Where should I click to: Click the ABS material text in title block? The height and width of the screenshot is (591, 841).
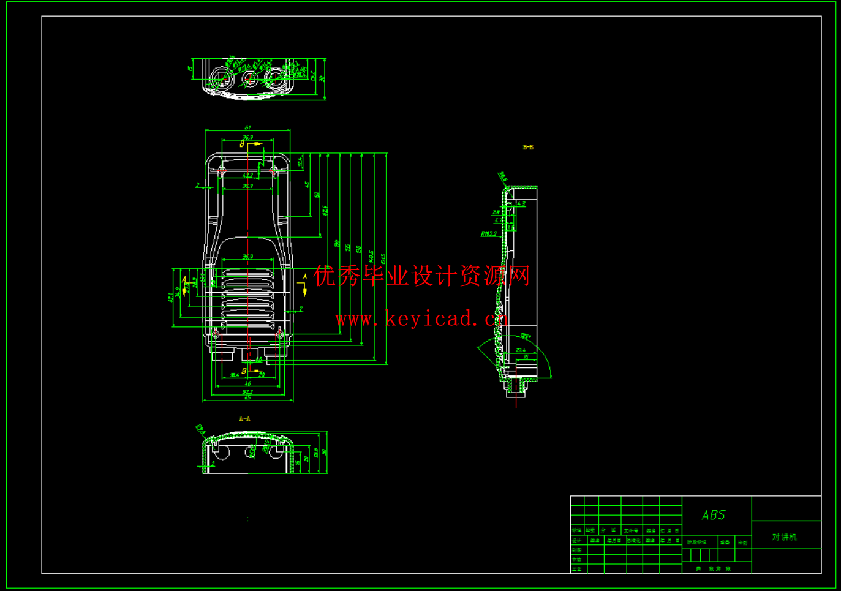click(714, 515)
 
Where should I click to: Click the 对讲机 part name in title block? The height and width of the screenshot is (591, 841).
click(785, 537)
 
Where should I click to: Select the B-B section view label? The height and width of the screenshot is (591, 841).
click(528, 147)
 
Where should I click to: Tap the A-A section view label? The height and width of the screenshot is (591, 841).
click(244, 419)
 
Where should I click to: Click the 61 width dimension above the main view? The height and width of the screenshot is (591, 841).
click(247, 127)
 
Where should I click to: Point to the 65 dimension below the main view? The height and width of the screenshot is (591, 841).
click(247, 398)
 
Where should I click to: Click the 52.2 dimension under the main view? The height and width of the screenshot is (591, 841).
click(247, 391)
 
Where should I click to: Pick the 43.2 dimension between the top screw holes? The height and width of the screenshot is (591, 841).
click(247, 175)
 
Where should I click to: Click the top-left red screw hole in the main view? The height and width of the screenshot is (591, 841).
click(222, 171)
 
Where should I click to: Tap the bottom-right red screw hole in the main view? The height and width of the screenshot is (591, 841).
click(279, 334)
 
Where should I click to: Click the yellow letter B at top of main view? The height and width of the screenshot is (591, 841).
click(242, 144)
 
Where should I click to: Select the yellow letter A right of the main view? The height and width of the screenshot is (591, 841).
click(304, 277)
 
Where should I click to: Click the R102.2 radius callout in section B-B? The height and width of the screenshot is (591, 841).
click(489, 234)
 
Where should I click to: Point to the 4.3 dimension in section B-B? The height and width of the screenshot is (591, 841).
click(521, 203)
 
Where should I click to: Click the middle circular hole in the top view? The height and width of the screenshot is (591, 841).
click(249, 78)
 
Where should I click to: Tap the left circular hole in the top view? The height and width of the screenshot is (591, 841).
click(219, 78)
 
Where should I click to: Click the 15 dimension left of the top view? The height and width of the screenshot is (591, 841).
click(190, 69)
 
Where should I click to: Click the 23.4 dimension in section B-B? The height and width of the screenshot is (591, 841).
click(520, 350)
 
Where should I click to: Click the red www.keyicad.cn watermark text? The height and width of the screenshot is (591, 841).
click(421, 318)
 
